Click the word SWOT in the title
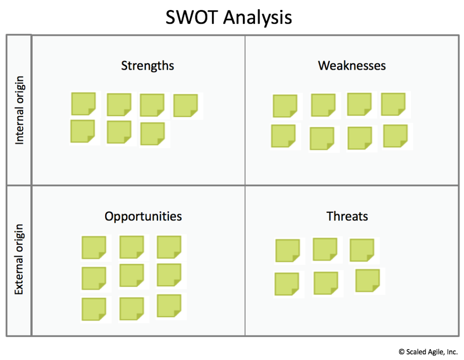[192, 17]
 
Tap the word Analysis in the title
[257, 18]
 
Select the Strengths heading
[147, 66]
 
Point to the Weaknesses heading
[352, 65]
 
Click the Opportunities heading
[143, 216]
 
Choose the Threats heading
[347, 216]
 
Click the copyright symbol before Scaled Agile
[401, 352]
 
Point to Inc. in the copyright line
[452, 352]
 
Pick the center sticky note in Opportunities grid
[132, 275]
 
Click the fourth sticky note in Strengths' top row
[185, 106]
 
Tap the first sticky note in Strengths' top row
[83, 104]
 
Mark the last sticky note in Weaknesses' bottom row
[395, 136]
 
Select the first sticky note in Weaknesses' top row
[285, 106]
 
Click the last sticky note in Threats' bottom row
[367, 280]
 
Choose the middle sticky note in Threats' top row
[325, 250]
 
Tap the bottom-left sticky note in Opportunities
[94, 309]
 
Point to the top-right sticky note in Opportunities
[169, 247]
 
